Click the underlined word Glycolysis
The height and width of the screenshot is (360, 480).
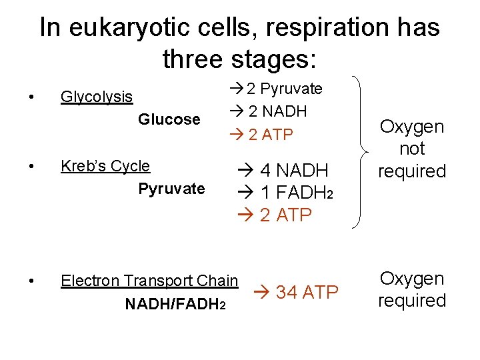(97, 97)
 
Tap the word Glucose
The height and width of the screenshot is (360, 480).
(169, 119)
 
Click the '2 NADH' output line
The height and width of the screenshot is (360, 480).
(277, 111)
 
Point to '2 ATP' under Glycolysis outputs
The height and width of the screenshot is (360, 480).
(270, 135)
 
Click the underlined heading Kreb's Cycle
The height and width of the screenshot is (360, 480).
(105, 166)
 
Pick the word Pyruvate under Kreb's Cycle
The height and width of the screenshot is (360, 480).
(171, 189)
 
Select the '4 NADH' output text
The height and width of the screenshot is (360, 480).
(293, 170)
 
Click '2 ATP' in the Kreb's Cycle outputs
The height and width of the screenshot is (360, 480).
(285, 215)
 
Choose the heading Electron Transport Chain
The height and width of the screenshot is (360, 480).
(149, 281)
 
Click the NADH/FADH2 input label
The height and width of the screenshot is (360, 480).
(175, 304)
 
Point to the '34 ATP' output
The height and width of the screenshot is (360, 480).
(307, 292)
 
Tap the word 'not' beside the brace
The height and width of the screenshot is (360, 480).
(412, 149)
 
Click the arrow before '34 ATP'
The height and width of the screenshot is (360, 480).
(263, 292)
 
